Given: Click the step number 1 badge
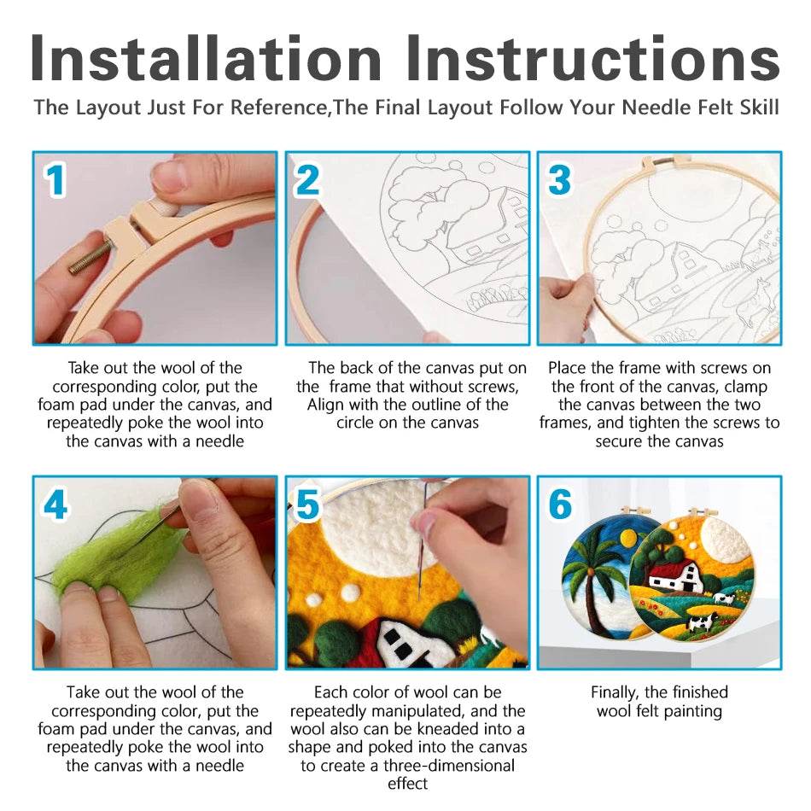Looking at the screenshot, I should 55,180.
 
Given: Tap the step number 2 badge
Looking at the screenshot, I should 307,180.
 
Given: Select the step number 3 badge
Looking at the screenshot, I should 559,180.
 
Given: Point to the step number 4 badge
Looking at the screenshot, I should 55,505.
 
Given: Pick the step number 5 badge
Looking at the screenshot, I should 307,505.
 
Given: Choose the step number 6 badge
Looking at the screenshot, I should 560,505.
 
